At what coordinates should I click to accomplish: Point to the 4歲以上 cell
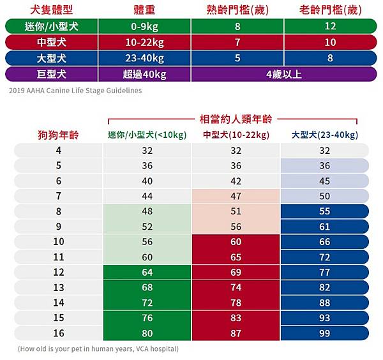(x=284, y=74)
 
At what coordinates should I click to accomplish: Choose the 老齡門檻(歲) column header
(x=331, y=11)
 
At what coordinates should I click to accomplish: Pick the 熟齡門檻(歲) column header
(x=237, y=11)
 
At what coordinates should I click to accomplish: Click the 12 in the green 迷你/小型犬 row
(x=331, y=27)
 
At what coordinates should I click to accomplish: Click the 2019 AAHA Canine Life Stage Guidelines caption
(x=75, y=90)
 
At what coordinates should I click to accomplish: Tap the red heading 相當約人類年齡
(x=234, y=119)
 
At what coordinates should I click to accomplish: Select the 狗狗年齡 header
(x=57, y=135)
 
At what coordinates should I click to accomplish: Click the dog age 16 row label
(x=58, y=333)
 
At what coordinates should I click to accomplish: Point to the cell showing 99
(x=324, y=333)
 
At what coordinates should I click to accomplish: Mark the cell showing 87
(x=236, y=333)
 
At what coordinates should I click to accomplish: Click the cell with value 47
(x=236, y=196)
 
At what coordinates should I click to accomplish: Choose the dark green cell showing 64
(x=146, y=273)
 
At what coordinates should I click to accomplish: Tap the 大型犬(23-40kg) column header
(x=324, y=135)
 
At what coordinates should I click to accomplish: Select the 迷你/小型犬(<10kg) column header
(x=146, y=135)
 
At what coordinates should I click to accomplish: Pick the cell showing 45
(x=324, y=181)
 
